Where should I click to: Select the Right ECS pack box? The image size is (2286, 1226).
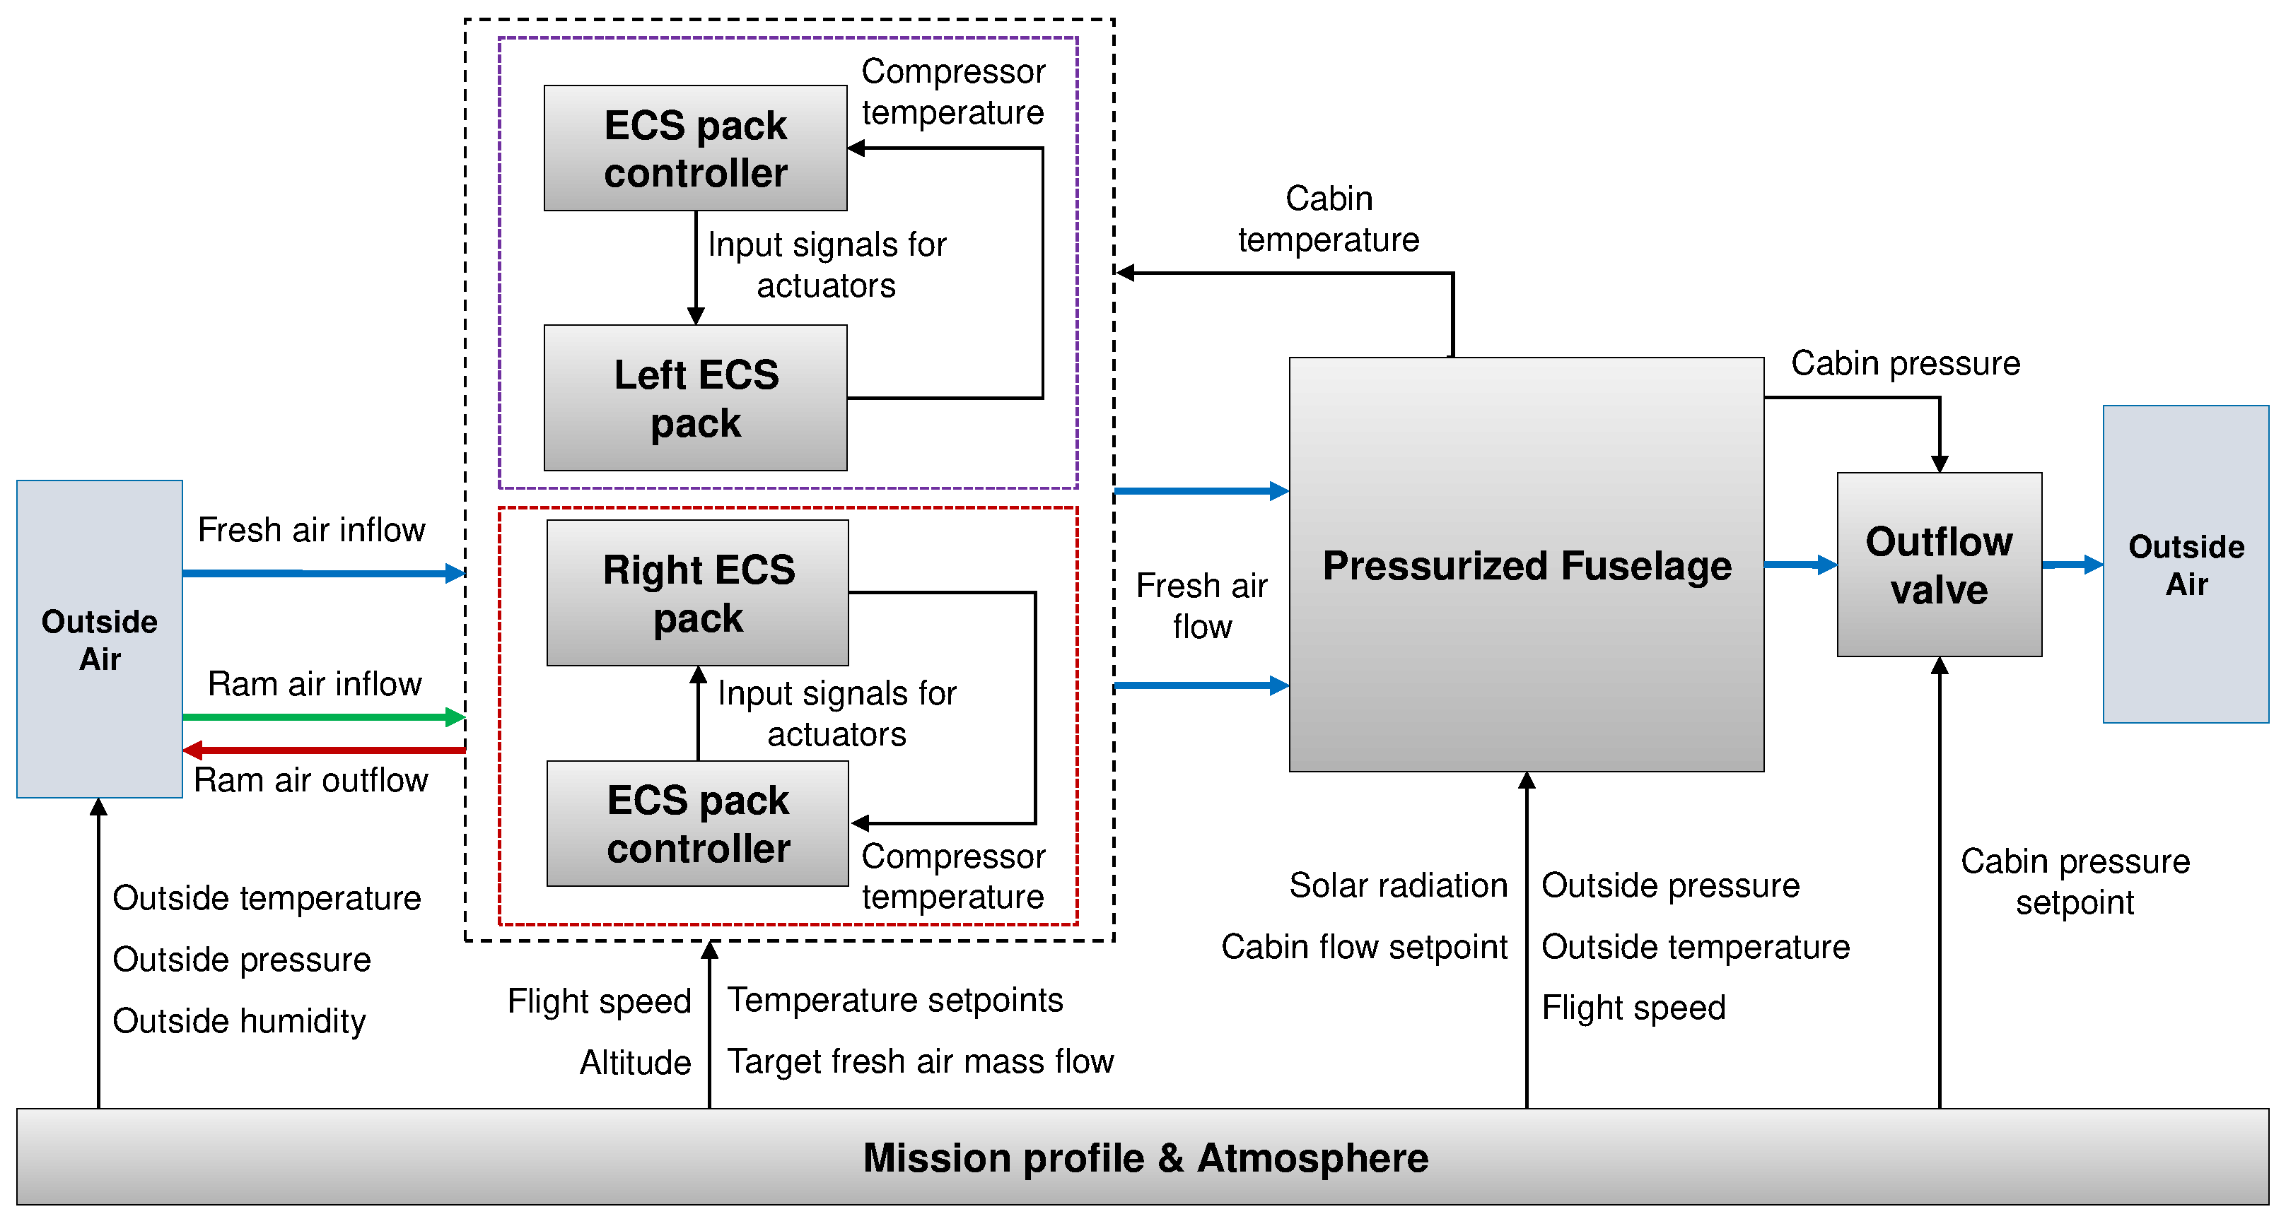point(697,593)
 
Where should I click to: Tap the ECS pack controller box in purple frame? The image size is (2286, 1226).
point(695,148)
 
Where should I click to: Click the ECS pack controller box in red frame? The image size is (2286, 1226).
point(697,823)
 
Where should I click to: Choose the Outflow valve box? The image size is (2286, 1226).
point(1938,565)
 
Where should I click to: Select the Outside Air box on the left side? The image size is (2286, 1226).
point(100,639)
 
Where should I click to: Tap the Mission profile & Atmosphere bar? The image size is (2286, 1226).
point(1142,1157)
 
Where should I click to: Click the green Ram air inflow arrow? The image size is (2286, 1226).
point(320,717)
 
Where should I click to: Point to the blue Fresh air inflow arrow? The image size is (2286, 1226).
point(320,573)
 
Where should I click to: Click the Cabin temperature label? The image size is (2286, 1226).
point(1328,219)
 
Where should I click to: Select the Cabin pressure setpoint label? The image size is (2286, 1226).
point(2074,881)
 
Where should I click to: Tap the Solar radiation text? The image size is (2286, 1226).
point(1398,885)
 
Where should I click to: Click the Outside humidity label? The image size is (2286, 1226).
point(239,1021)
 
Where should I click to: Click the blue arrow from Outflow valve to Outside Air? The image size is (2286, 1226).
point(2071,564)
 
